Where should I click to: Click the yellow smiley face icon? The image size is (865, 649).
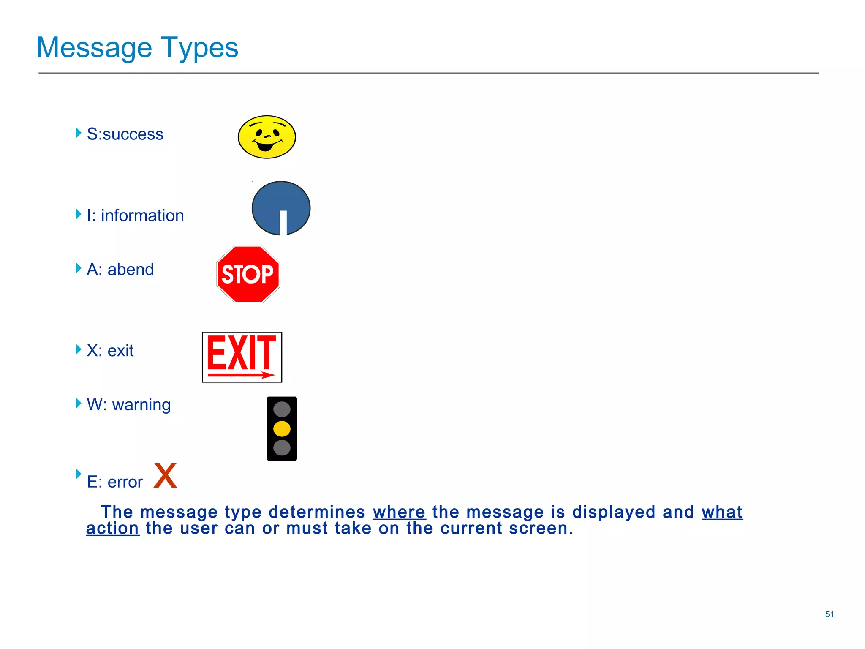click(267, 137)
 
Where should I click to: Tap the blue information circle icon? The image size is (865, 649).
click(281, 208)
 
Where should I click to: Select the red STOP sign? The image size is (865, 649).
click(248, 274)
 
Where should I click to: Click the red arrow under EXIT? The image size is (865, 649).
click(241, 375)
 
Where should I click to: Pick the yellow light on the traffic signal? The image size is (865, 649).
click(282, 428)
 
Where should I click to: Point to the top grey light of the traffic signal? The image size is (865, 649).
click(282, 409)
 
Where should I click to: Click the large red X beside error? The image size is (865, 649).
click(165, 476)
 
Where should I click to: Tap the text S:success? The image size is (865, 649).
click(125, 134)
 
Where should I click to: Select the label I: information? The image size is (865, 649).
click(135, 215)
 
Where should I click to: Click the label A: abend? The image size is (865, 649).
click(120, 270)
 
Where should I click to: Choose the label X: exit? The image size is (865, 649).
click(110, 351)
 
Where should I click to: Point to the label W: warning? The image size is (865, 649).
click(128, 405)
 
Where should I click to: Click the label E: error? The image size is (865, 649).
click(114, 482)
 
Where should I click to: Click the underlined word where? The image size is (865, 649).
click(399, 512)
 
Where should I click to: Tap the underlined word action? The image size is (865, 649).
click(112, 529)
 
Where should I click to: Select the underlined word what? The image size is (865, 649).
click(722, 512)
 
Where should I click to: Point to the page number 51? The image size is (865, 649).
click(829, 614)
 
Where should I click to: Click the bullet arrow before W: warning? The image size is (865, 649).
click(79, 403)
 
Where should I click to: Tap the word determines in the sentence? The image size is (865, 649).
click(317, 512)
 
